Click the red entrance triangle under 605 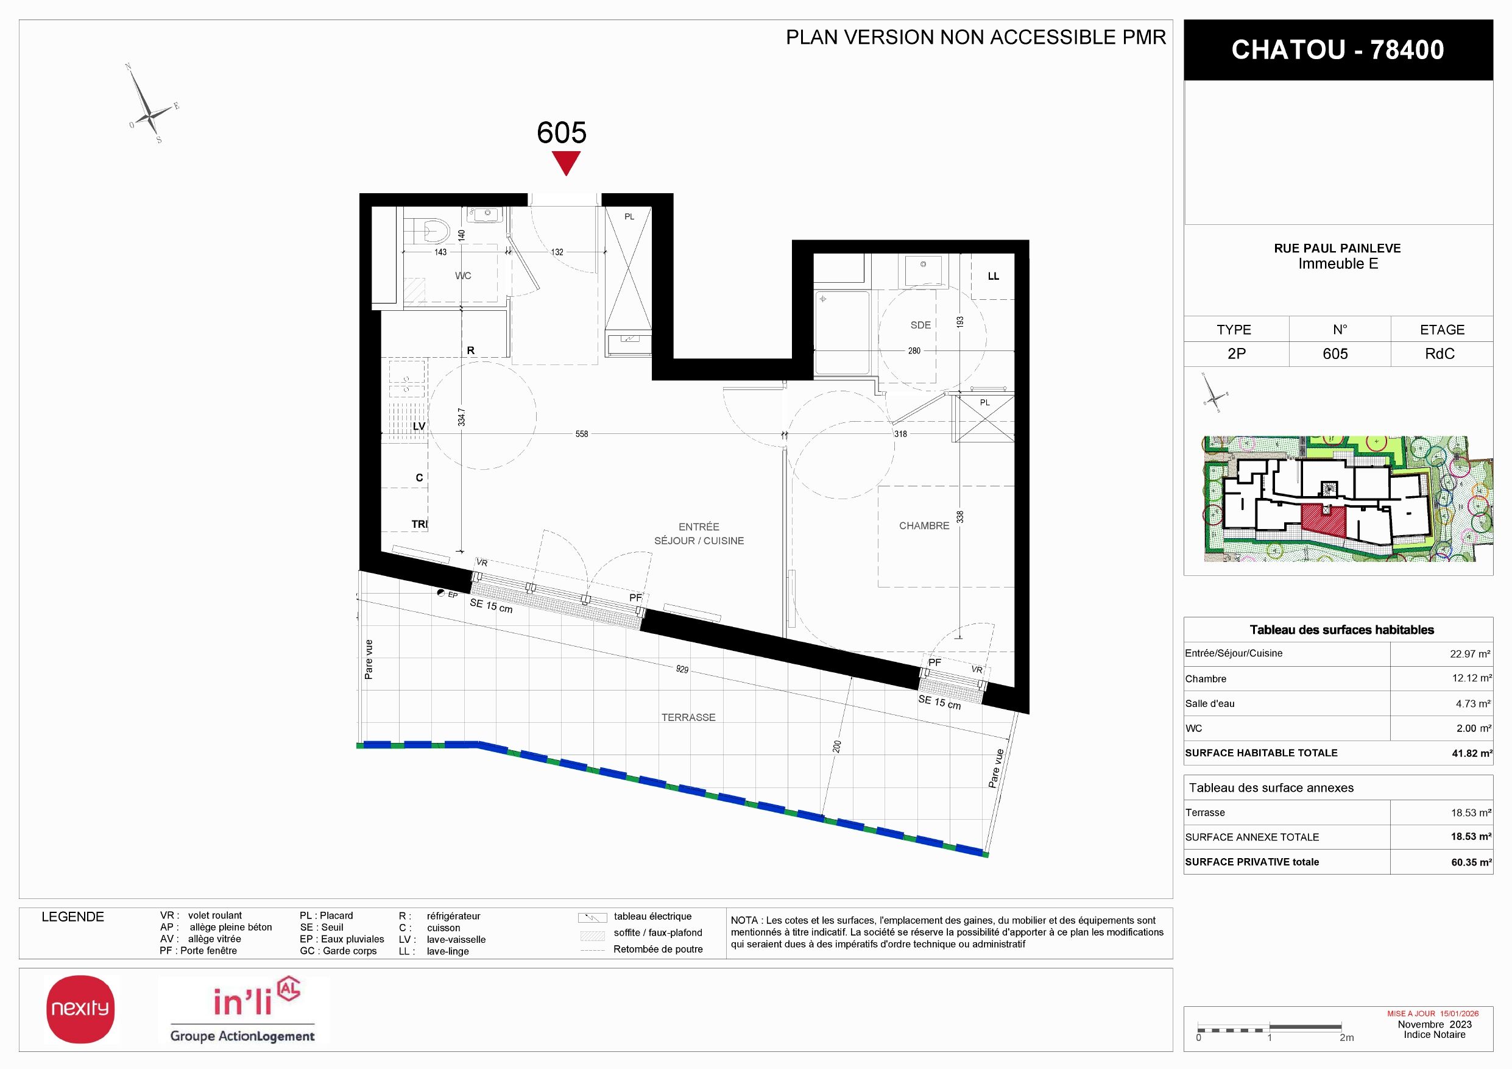coord(566,162)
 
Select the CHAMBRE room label coord(924,525)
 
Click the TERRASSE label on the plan coord(688,717)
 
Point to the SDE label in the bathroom coord(920,325)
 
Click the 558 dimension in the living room coord(582,434)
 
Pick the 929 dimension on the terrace coord(682,669)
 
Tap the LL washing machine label coord(993,277)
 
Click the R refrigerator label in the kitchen coord(470,350)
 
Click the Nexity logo coord(80,1009)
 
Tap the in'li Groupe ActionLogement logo coord(243,1010)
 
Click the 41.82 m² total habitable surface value coord(1472,753)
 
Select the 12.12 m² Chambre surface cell coord(1472,678)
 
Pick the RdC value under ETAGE coord(1440,353)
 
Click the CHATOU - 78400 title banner coord(1338,50)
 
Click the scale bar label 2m coord(1347,1037)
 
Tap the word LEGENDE coord(72,917)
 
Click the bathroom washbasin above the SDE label coord(924,270)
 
